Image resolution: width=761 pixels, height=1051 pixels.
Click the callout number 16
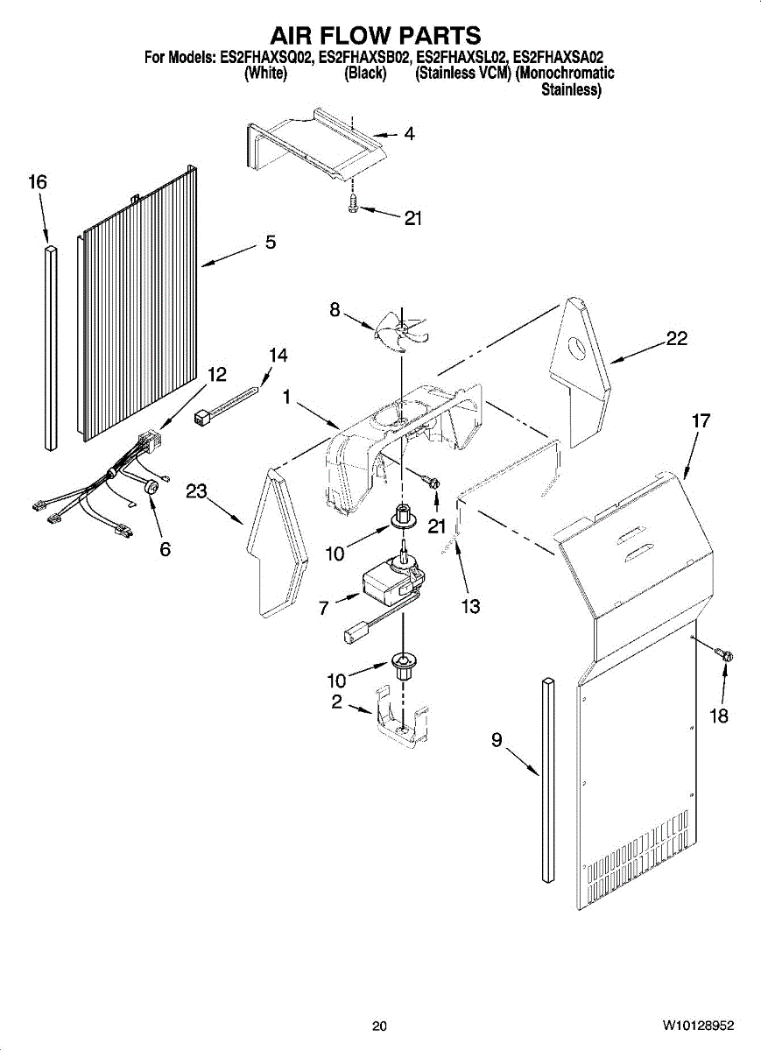click(37, 182)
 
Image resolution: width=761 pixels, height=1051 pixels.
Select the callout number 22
click(676, 339)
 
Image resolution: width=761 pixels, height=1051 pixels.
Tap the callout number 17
click(700, 421)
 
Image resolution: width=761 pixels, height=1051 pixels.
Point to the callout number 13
click(471, 605)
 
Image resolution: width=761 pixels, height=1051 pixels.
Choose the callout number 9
click(496, 741)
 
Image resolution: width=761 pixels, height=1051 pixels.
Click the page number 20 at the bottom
click(378, 1026)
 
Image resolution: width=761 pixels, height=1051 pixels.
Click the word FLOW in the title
click(377, 35)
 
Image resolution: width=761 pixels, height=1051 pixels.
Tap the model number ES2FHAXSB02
click(364, 59)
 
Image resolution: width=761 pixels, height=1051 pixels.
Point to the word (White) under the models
click(264, 74)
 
